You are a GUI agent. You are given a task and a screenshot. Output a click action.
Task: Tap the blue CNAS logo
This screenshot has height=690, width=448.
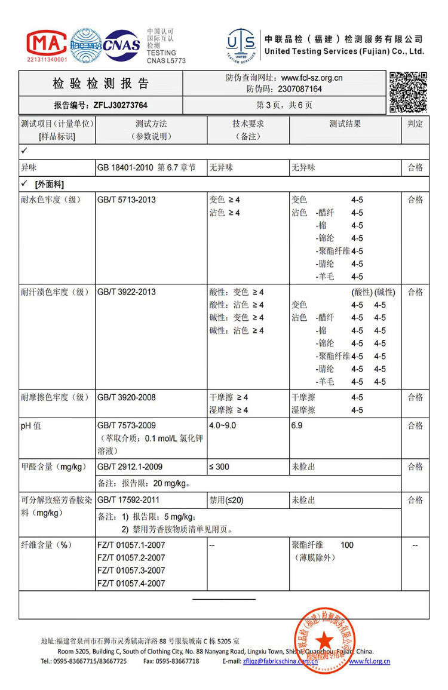coord(122,45)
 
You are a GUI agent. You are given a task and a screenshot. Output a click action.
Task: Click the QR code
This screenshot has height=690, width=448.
coord(409,92)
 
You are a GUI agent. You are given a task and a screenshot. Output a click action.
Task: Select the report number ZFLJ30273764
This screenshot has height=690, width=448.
coord(120,105)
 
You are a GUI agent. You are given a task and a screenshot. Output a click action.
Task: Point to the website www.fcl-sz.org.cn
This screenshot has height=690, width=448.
coord(312,78)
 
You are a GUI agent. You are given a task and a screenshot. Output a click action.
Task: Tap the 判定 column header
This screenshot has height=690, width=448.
coord(415,124)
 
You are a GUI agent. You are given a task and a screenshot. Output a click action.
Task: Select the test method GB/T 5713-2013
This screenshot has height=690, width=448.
coord(126,200)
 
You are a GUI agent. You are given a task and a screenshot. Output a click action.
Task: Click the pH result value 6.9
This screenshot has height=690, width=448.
coord(297,426)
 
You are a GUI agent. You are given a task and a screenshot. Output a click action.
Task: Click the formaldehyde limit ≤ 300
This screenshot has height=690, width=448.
coord(219,467)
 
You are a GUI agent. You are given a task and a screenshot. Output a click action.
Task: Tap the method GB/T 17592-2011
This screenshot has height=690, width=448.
coord(128,500)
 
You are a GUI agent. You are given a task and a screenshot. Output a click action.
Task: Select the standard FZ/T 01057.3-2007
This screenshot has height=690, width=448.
coord(131,571)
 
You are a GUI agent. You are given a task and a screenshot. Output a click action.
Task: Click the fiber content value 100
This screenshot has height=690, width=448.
coord(346,545)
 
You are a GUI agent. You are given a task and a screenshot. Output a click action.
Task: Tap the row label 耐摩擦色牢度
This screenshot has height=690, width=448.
coord(55,397)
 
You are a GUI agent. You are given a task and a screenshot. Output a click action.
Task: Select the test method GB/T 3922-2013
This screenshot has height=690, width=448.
coord(126,292)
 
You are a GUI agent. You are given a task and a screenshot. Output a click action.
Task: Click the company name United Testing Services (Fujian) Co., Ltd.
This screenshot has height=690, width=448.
coord(344,51)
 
